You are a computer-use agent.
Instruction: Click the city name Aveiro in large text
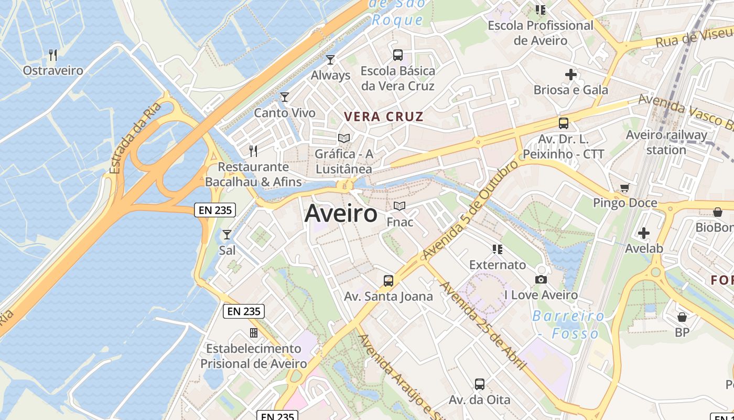click(341, 214)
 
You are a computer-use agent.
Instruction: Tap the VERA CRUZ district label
click(383, 117)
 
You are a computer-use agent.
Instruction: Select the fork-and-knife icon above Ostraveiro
click(52, 55)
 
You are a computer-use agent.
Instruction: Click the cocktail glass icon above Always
click(330, 59)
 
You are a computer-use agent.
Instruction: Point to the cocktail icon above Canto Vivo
click(285, 97)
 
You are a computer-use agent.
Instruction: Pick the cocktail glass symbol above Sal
click(227, 235)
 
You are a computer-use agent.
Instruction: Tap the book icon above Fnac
click(400, 206)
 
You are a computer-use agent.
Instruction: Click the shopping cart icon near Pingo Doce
click(624, 187)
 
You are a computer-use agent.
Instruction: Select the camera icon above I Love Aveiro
click(541, 279)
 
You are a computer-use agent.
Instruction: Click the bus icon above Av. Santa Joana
click(388, 280)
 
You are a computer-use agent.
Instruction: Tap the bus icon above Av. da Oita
click(479, 384)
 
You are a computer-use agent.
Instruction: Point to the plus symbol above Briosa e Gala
click(571, 75)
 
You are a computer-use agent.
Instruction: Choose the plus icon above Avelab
click(644, 233)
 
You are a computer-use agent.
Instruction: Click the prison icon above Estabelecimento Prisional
click(254, 333)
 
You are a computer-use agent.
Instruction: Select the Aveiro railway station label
click(666, 142)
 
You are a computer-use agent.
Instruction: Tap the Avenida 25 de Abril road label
click(483, 325)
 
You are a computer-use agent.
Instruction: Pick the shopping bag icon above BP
click(682, 317)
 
